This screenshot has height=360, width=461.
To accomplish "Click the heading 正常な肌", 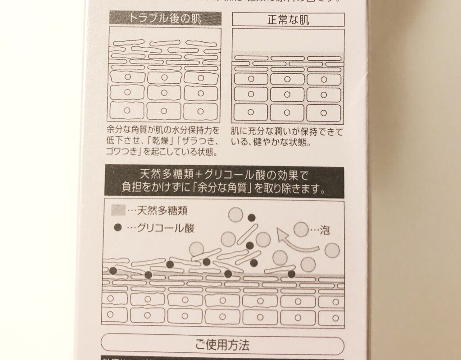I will click(x=288, y=19).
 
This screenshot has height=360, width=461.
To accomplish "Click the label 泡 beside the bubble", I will click(x=325, y=230).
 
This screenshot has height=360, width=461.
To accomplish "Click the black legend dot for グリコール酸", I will click(x=118, y=228).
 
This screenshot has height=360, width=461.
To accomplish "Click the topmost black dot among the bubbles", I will click(x=252, y=218).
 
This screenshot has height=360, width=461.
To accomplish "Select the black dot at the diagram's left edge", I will click(x=113, y=271).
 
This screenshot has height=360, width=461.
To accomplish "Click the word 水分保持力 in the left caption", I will click(x=192, y=131).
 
